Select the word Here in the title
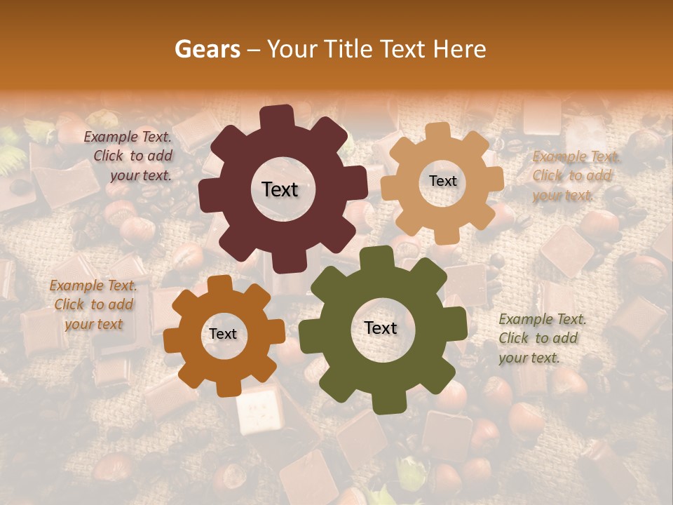click(x=461, y=49)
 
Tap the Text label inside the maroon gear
click(x=280, y=189)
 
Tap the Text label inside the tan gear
click(x=442, y=181)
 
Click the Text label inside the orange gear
click(x=223, y=334)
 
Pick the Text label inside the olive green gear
click(x=381, y=328)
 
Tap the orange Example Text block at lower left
click(x=93, y=304)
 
